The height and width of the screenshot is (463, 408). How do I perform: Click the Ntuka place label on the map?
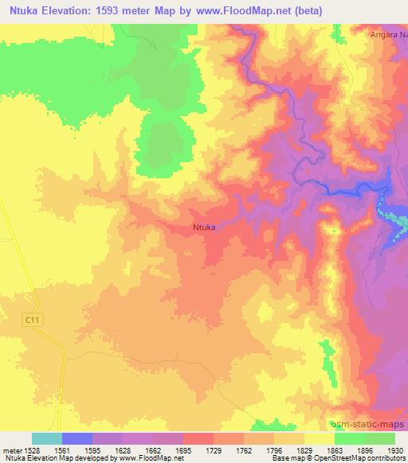(205, 227)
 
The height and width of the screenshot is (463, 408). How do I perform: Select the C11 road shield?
(32, 319)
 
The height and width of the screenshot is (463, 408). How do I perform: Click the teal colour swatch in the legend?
(46, 438)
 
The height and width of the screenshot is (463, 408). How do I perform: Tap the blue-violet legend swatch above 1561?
(77, 438)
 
